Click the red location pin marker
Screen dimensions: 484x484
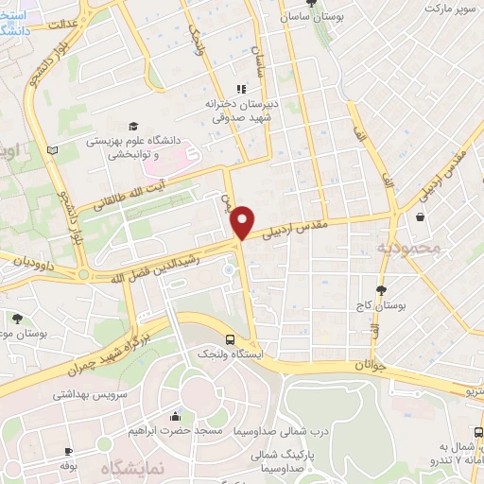point(243,221)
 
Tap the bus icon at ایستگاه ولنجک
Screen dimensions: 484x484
point(231,339)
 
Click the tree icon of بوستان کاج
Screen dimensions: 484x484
point(381,290)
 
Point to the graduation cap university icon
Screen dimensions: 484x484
point(133,126)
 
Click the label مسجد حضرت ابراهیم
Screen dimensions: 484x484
point(175,430)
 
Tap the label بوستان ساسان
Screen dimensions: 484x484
point(312,17)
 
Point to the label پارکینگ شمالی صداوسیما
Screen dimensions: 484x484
point(289,459)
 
